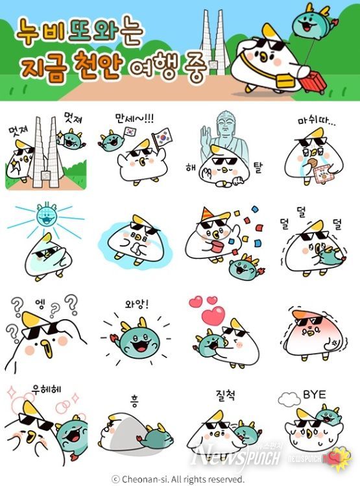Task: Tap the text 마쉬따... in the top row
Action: tap(315, 121)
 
